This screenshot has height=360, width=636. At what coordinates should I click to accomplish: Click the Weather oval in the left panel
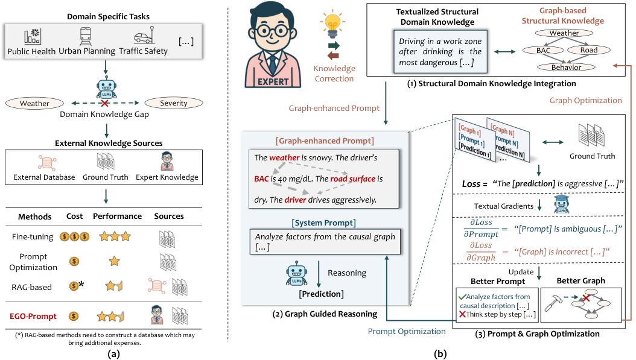pyautogui.click(x=34, y=103)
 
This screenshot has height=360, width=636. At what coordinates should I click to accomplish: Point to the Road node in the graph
pyautogui.click(x=589, y=51)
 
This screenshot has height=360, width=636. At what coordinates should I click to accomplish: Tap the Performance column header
pyautogui.click(x=117, y=216)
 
